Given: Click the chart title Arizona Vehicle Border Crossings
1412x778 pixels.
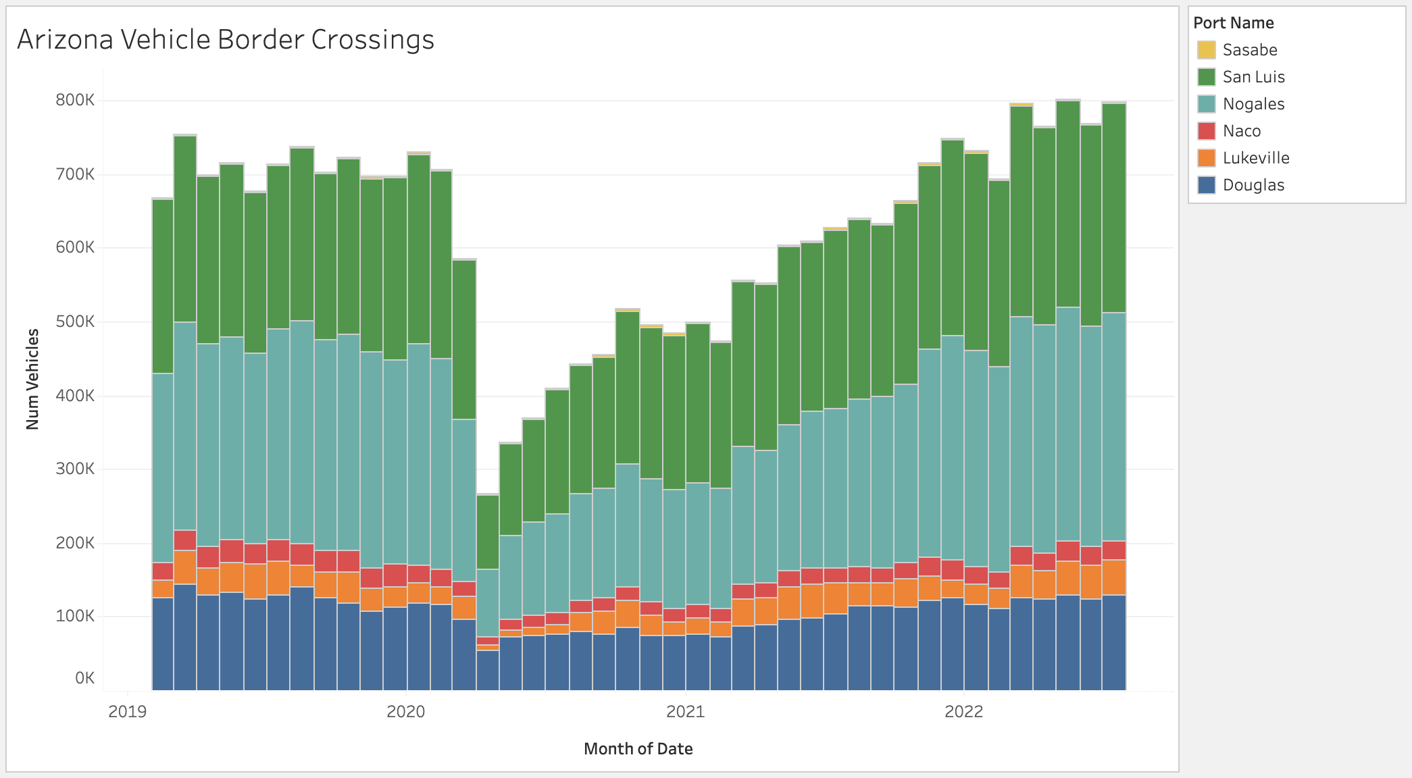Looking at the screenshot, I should tap(226, 40).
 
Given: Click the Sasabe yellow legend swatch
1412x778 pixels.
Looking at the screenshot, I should tap(1206, 50).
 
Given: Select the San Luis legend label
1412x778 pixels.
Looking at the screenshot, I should tap(1253, 77).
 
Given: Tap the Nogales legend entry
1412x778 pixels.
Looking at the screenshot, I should tap(1253, 104).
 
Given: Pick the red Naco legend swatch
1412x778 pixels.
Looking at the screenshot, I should tap(1206, 131).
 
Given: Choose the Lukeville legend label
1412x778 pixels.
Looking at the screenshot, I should tap(1256, 158).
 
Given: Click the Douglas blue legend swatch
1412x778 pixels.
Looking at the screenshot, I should tap(1206, 185).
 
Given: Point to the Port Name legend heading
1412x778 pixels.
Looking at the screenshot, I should tap(1234, 23).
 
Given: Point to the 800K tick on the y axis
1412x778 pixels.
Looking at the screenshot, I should tap(75, 101).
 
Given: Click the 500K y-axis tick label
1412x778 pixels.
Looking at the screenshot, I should tap(75, 321).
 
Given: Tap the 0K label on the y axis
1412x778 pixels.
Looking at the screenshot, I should tap(84, 678).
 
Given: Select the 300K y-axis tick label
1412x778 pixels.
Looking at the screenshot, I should tap(75, 469).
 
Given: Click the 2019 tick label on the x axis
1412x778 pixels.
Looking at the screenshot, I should tap(127, 711).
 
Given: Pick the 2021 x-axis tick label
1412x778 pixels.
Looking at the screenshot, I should tap(685, 711).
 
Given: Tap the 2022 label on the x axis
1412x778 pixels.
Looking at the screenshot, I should tap(963, 711).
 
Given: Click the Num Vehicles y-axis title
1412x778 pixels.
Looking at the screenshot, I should tap(32, 379).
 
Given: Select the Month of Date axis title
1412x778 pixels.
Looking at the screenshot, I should tap(638, 749).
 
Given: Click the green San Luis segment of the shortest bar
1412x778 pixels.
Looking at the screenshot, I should tap(488, 532).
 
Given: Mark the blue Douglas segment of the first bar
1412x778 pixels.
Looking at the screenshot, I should tap(163, 644).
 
